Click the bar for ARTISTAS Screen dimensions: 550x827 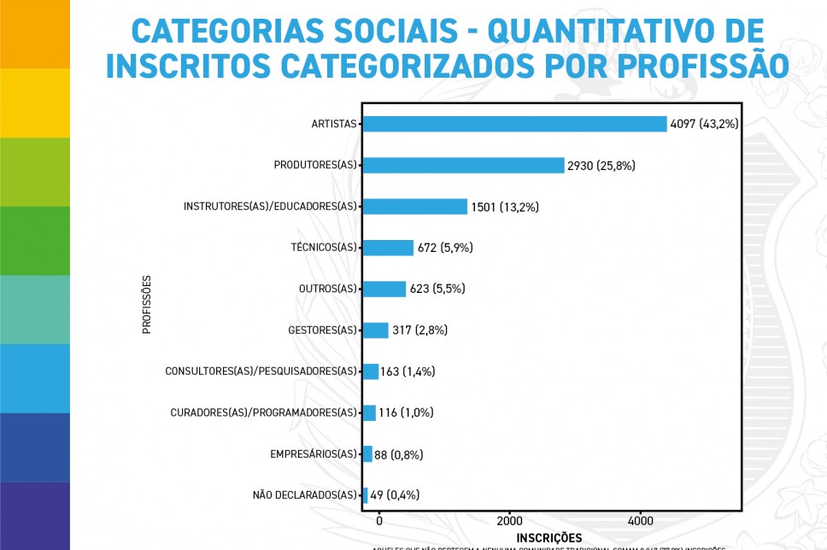[514, 124]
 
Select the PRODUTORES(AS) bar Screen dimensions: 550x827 [463, 165]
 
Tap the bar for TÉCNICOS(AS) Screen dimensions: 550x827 [388, 248]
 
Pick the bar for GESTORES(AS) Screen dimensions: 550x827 [376, 331]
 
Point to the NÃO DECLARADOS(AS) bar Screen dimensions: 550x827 [366, 495]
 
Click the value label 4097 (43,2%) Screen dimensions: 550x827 [704, 124]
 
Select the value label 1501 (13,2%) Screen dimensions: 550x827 [505, 207]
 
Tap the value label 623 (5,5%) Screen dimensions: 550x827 [437, 289]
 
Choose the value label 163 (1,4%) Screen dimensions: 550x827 [408, 372]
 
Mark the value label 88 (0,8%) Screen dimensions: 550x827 [399, 454]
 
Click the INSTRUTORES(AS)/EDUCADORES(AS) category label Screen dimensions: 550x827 [270, 207]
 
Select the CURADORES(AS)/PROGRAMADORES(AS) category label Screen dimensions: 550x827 [263, 413]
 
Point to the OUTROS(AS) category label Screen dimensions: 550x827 [327, 289]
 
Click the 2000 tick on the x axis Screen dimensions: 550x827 [509, 520]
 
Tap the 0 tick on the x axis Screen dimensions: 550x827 [379, 520]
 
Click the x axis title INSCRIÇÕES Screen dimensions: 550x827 [549, 537]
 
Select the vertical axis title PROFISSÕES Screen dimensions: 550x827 [147, 303]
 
